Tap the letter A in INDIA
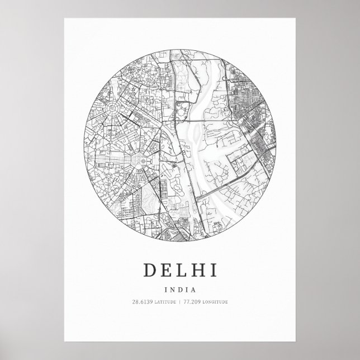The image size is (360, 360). tap(193, 290)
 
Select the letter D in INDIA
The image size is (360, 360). tap(179, 290)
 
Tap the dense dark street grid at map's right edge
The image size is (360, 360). tap(257, 131)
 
